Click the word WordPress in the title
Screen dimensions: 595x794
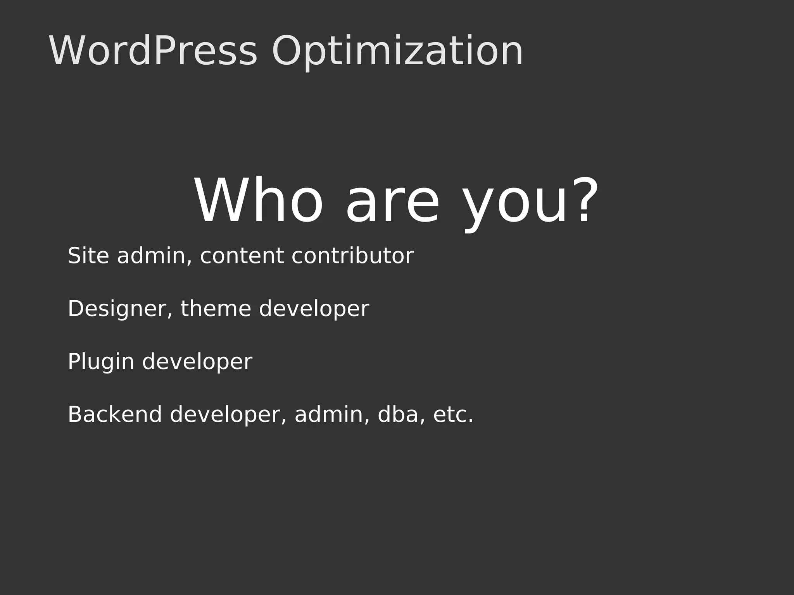(153, 51)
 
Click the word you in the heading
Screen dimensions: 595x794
(516, 205)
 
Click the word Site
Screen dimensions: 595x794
(88, 256)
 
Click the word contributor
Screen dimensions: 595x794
(352, 256)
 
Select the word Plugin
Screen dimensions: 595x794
(101, 362)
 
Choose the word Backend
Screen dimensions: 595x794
(115, 414)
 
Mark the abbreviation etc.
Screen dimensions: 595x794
(453, 414)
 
